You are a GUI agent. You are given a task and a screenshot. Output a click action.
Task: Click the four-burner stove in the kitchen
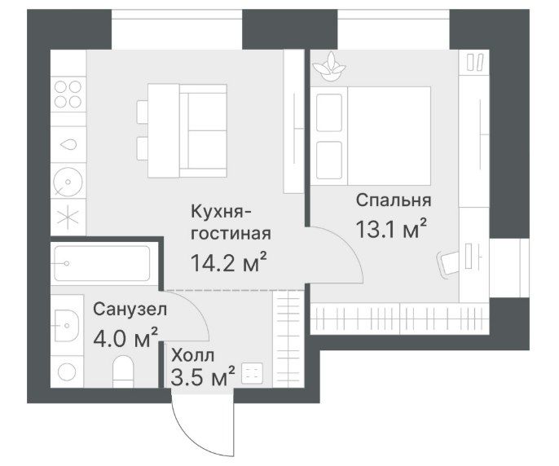tap(68, 95)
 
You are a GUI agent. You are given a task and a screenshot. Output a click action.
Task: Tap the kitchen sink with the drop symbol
tap(68, 144)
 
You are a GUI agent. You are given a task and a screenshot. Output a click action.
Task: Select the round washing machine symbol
tap(68, 181)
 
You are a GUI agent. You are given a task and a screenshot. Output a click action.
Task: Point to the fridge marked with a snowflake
tap(68, 218)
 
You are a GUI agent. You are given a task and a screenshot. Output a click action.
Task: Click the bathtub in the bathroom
tap(102, 263)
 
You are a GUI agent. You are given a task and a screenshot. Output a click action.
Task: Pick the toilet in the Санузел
tap(123, 371)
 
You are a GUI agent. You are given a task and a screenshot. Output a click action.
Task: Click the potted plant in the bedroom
tap(329, 67)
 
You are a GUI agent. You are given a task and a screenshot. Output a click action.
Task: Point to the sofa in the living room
tap(203, 131)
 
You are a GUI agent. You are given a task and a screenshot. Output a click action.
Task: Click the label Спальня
tap(394, 200)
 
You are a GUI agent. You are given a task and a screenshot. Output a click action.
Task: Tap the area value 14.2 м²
tap(229, 262)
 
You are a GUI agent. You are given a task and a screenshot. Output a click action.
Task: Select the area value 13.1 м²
tap(391, 229)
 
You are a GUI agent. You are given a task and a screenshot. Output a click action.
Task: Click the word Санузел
tap(130, 310)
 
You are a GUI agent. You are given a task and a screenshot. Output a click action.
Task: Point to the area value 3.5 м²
tap(203, 376)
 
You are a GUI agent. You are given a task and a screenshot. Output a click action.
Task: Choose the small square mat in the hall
tap(252, 373)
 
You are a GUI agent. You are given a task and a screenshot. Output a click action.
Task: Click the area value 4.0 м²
tap(125, 337)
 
